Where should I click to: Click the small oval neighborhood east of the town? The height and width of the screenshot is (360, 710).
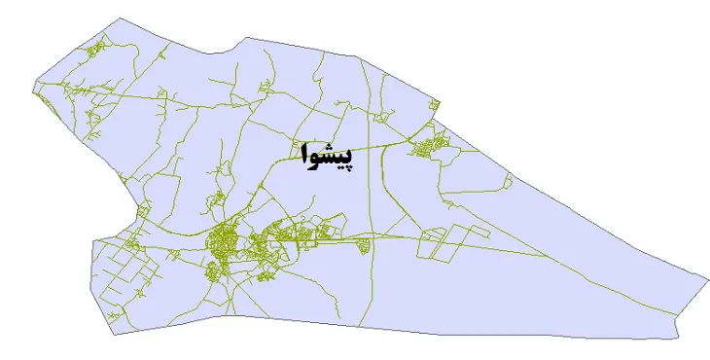[367, 245]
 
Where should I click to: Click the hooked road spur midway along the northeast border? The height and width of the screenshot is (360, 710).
[507, 178]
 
